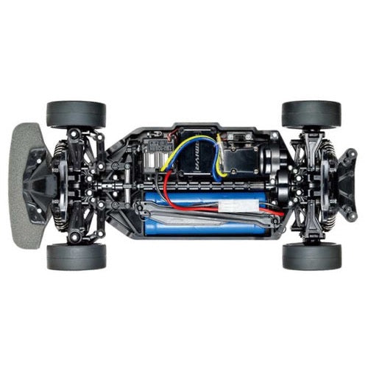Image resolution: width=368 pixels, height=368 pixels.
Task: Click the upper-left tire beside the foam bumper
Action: (76, 114)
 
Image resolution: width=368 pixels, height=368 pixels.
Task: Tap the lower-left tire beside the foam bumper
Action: (76, 256)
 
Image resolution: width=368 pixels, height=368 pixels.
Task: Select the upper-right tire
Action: (311, 114)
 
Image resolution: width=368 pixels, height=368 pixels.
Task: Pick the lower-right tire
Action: (311, 256)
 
